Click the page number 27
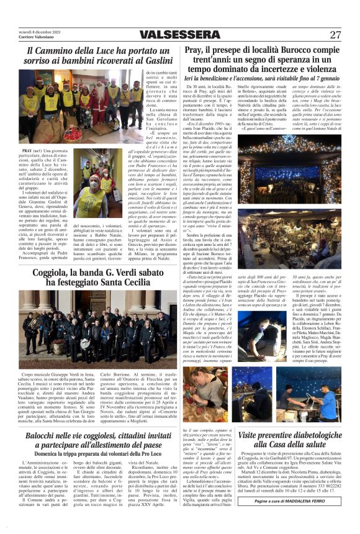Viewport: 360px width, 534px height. pos(336,35)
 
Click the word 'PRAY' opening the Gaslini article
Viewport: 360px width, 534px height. pos(26,150)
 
